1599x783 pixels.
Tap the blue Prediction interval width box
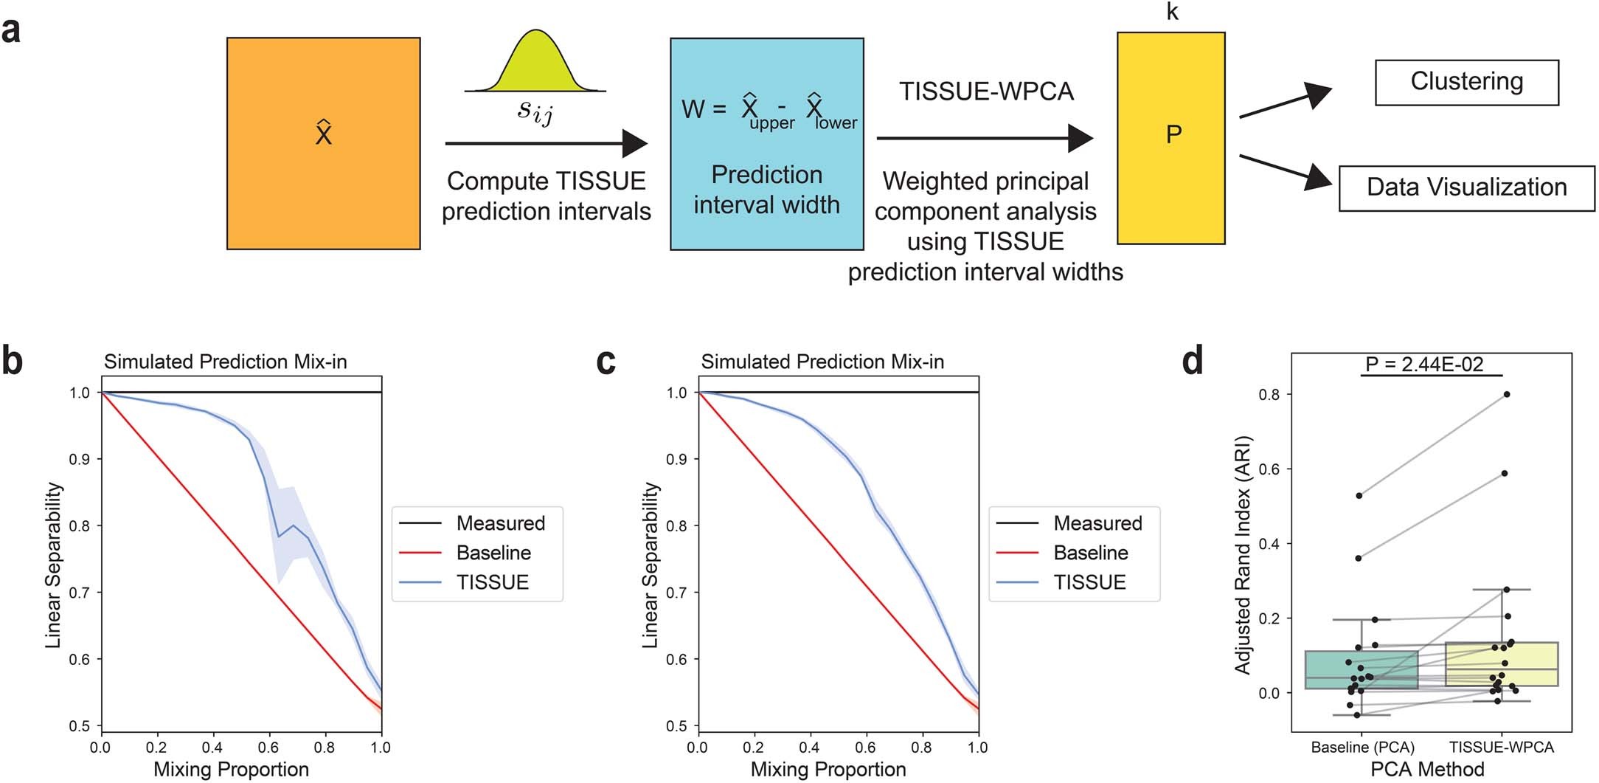[x=766, y=145]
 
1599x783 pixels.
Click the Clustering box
[x=1466, y=83]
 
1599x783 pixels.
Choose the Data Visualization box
[x=1466, y=188]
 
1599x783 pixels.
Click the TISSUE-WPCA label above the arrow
[x=986, y=92]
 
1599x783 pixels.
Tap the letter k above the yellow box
[x=1172, y=13]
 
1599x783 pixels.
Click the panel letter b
[x=13, y=362]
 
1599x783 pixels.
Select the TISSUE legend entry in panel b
[x=492, y=582]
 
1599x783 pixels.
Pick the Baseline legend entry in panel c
[x=1090, y=553]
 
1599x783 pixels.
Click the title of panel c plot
[x=822, y=362]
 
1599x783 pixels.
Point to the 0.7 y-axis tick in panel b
[x=79, y=593]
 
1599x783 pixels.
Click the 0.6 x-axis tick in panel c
[x=866, y=748]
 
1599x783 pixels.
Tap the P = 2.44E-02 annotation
[x=1423, y=365]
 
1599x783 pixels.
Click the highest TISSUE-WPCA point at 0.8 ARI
[x=1506, y=395]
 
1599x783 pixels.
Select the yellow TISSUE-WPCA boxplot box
[x=1501, y=664]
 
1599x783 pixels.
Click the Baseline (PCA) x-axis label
[x=1362, y=748]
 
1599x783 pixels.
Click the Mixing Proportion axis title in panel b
[x=231, y=770]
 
